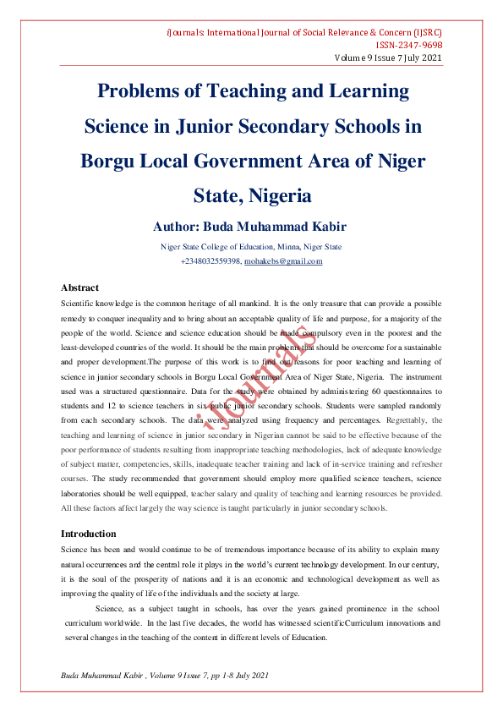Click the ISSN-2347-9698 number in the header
coord(408,46)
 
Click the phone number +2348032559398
coord(210,261)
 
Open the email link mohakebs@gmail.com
coord(283,261)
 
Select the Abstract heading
coord(80,288)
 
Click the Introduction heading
coord(89,534)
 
